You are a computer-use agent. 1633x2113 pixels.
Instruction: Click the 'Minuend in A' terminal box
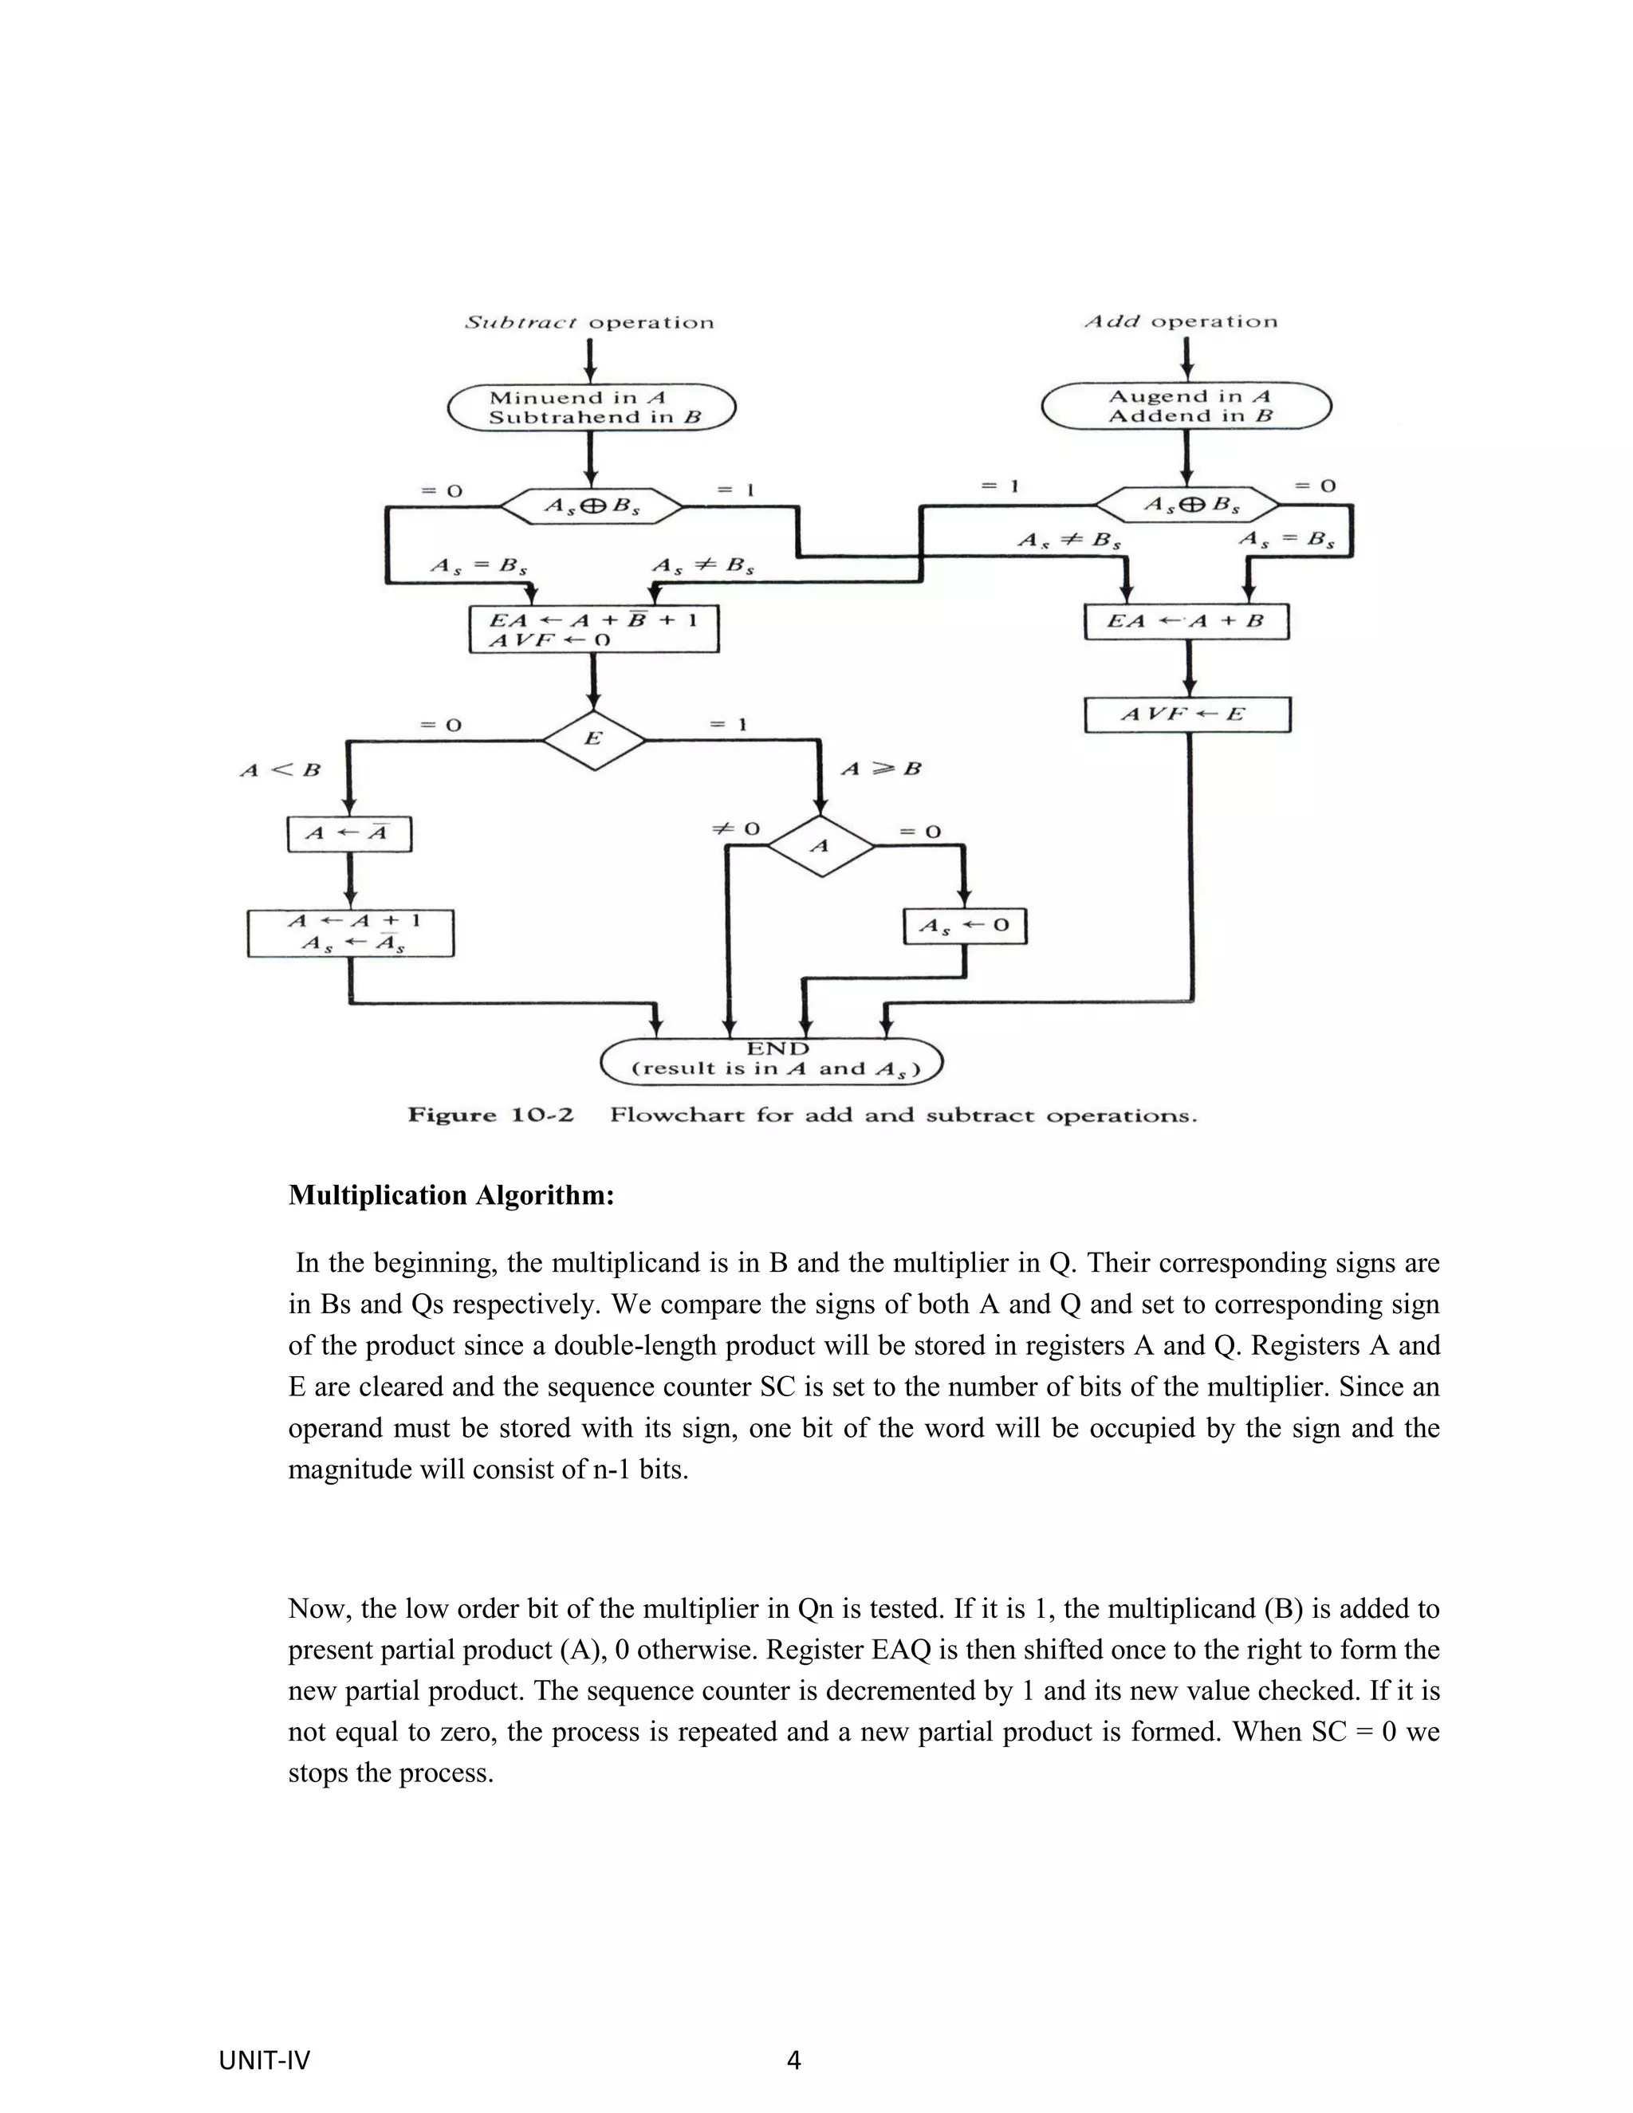(591, 407)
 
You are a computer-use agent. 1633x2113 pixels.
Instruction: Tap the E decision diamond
(593, 739)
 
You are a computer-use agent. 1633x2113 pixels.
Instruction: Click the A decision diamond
(820, 845)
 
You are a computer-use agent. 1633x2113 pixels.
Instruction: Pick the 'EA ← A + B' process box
(1187, 621)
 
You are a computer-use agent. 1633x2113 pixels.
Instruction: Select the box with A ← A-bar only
(349, 834)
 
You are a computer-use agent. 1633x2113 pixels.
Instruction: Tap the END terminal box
(772, 1060)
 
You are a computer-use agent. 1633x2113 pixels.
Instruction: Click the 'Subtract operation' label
(589, 322)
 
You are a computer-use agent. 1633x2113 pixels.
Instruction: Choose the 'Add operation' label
(1180, 321)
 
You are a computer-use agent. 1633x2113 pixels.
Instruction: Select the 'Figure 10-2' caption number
(490, 1116)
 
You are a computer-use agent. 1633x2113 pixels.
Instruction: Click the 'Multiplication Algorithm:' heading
(451, 1195)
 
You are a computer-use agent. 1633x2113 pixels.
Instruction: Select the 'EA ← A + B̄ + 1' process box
(594, 629)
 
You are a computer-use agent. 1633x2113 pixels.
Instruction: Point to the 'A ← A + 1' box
(350, 933)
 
